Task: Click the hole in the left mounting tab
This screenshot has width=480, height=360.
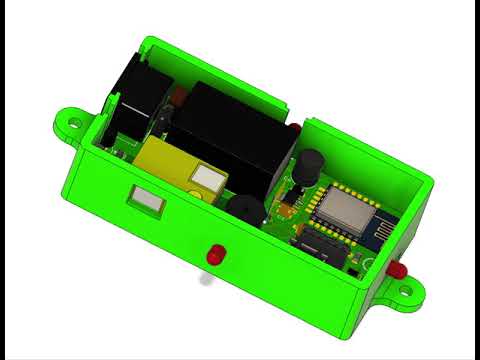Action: [74, 122]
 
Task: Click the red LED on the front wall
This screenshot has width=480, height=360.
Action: [215, 254]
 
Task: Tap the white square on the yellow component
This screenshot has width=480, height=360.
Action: [206, 180]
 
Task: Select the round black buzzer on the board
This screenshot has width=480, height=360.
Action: [243, 210]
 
